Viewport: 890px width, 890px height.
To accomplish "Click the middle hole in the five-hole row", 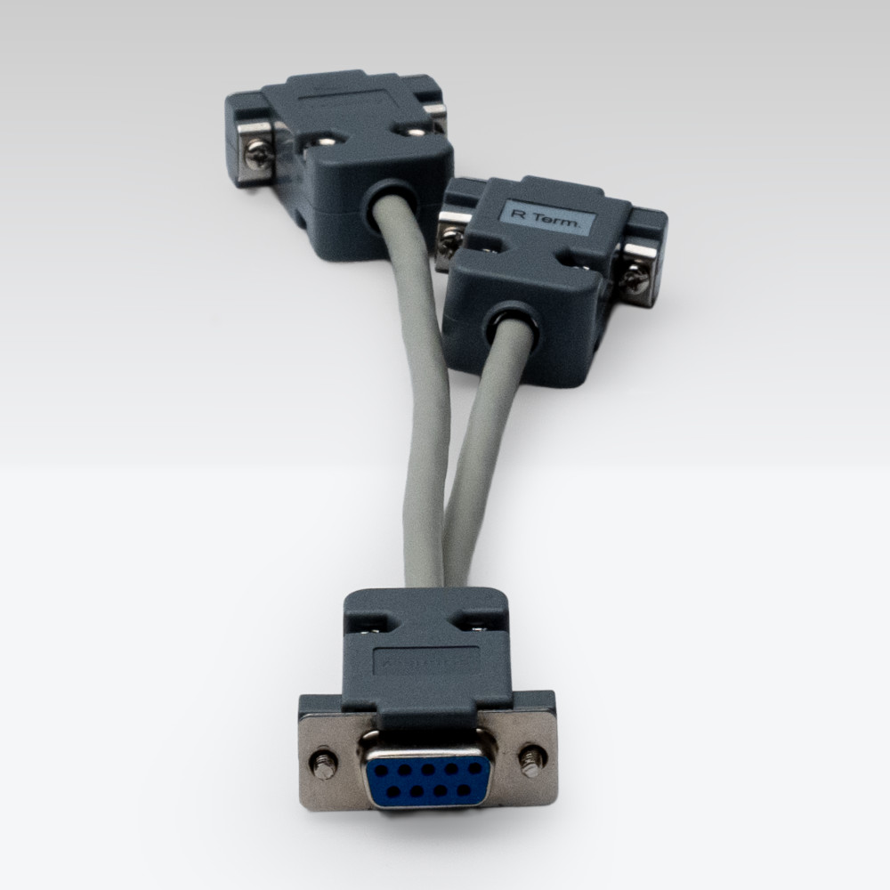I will [x=428, y=770].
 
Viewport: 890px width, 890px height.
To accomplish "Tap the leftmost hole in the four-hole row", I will [x=392, y=789].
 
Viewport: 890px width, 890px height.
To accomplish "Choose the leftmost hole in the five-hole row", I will [x=380, y=769].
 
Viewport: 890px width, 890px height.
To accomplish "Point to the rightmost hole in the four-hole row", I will [x=463, y=791].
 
